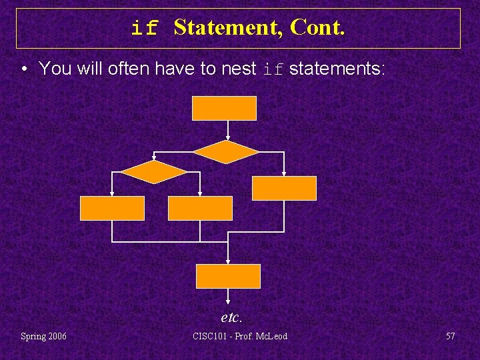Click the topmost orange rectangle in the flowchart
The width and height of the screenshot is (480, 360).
(x=224, y=108)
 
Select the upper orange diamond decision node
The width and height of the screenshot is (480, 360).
(x=225, y=152)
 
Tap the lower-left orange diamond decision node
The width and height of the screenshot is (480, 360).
(x=154, y=172)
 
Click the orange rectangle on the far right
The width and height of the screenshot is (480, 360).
(x=284, y=188)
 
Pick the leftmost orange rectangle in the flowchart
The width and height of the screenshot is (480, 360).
(x=112, y=208)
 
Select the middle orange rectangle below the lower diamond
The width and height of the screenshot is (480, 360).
(x=200, y=208)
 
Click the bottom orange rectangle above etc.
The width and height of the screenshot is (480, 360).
(x=228, y=276)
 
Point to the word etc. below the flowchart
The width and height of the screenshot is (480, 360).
(x=231, y=317)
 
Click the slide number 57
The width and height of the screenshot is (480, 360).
(x=450, y=336)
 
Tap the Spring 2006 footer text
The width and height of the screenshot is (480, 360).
(x=43, y=336)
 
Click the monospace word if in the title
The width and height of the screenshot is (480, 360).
(x=145, y=29)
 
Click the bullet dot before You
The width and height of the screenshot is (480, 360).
(x=24, y=69)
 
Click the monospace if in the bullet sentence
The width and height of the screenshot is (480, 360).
(x=274, y=69)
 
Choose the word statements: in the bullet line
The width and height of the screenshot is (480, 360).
(x=337, y=68)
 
